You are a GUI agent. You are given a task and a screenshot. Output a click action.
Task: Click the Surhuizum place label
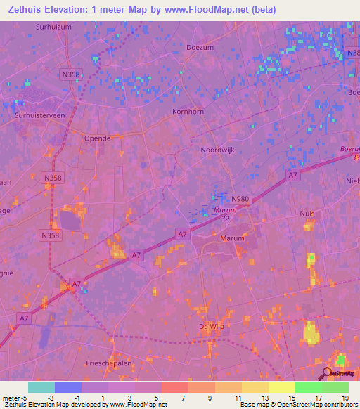[53, 27]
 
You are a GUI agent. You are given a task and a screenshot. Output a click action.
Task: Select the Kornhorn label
[187, 112]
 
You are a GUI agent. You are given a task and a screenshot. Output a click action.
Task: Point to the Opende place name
[98, 138]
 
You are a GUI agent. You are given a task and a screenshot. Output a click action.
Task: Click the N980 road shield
[240, 200]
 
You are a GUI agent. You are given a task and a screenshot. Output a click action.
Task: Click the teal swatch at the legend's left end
[41, 387]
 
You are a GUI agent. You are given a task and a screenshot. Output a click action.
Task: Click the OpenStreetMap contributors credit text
[319, 405]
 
